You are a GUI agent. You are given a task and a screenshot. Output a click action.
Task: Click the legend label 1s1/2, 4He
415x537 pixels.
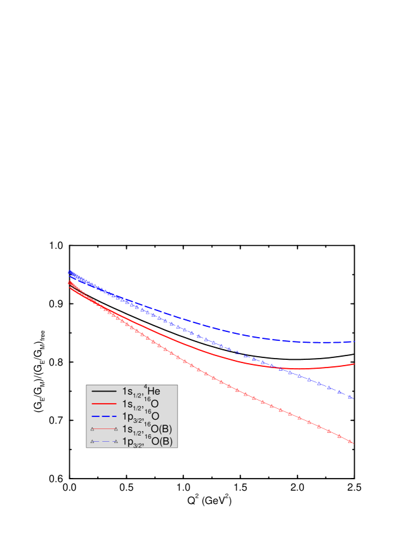click(141, 391)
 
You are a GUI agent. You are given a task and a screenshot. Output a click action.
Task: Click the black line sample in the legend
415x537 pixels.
click(104, 391)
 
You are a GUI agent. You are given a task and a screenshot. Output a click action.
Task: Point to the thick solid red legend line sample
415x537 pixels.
click(104, 404)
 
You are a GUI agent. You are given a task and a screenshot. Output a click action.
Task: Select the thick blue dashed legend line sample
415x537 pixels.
click(104, 416)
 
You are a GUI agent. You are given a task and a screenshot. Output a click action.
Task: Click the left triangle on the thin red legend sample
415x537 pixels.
click(93, 429)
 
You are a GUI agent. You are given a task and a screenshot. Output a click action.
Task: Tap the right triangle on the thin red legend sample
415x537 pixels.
click(115, 429)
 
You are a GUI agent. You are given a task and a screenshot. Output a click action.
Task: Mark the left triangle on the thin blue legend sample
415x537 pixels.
click(93, 441)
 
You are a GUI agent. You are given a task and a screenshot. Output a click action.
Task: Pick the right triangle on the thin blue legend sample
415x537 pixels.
click(115, 441)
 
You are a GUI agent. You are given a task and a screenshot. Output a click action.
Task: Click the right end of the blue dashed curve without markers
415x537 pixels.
click(354, 341)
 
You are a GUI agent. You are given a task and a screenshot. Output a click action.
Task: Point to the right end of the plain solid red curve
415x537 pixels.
click(354, 364)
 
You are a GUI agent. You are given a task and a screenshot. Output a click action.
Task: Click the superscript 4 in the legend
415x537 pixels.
click(145, 387)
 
